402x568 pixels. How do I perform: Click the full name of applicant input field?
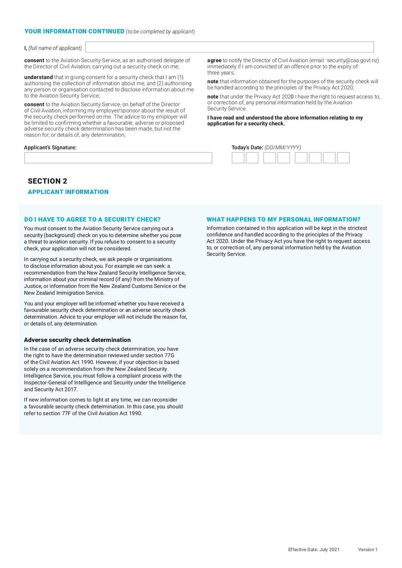click(x=230, y=47)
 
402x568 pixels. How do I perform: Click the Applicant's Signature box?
click(x=118, y=158)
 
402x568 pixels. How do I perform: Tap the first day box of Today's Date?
click(x=238, y=158)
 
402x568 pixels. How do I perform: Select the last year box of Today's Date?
click(x=343, y=158)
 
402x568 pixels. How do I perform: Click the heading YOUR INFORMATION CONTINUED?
click(x=74, y=31)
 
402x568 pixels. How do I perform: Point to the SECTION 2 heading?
click(x=47, y=181)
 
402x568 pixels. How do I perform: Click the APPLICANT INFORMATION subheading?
click(x=68, y=192)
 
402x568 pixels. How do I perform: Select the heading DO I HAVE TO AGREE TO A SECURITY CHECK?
click(x=92, y=220)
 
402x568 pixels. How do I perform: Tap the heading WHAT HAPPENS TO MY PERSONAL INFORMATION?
click(x=283, y=220)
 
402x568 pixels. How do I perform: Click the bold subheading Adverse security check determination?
click(x=77, y=340)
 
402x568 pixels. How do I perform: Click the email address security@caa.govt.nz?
click(x=352, y=60)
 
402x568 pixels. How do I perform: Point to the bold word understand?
click(x=38, y=77)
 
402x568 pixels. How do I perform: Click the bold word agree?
click(x=214, y=60)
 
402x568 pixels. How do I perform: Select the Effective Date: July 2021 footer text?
click(x=314, y=549)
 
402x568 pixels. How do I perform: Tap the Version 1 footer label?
click(x=367, y=549)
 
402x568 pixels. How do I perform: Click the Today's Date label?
click(x=247, y=147)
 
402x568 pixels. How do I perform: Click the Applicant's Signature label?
click(x=50, y=147)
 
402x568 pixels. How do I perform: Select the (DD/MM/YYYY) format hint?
click(x=282, y=147)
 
